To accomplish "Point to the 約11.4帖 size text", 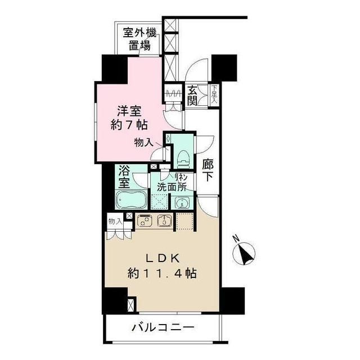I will (x=162, y=274).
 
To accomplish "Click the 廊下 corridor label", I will (x=208, y=170).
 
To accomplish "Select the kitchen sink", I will (x=165, y=220).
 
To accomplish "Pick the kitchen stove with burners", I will (x=146, y=220).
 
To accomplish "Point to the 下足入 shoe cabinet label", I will (x=215, y=91).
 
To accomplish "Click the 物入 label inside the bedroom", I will (x=143, y=143).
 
